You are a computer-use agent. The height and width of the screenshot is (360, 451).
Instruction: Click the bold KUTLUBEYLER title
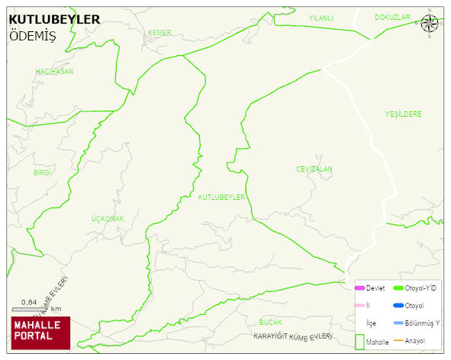pyautogui.click(x=54, y=18)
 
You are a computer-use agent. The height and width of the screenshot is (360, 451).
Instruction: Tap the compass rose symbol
pyautogui.click(x=430, y=23)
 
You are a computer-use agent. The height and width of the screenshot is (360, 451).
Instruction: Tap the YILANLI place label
pyautogui.click(x=321, y=18)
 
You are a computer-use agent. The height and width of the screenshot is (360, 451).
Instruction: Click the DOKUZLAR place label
pyautogui.click(x=392, y=17)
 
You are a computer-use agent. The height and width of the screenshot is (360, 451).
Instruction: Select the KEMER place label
pyautogui.click(x=159, y=32)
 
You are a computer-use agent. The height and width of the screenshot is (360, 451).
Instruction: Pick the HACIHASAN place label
pyautogui.click(x=54, y=71)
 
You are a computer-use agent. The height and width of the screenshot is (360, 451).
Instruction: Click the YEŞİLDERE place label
pyautogui.click(x=403, y=114)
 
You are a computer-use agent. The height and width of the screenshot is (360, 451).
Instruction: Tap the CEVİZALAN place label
pyautogui.click(x=314, y=169)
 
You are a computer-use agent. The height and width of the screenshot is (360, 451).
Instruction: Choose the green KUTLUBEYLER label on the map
pyautogui.click(x=221, y=197)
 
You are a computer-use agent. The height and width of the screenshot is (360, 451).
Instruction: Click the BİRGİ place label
pyautogui.click(x=42, y=172)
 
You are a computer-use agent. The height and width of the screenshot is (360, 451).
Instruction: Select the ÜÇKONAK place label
pyautogui.click(x=108, y=219)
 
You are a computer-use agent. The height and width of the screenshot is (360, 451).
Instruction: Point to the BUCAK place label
pyautogui.click(x=271, y=322)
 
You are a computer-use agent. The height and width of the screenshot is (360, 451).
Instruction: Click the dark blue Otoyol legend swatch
pyautogui.click(x=398, y=305)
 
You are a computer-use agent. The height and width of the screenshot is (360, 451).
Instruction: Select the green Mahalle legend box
pyautogui.click(x=359, y=340)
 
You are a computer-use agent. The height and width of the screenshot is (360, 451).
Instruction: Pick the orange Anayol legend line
pyautogui.click(x=398, y=340)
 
